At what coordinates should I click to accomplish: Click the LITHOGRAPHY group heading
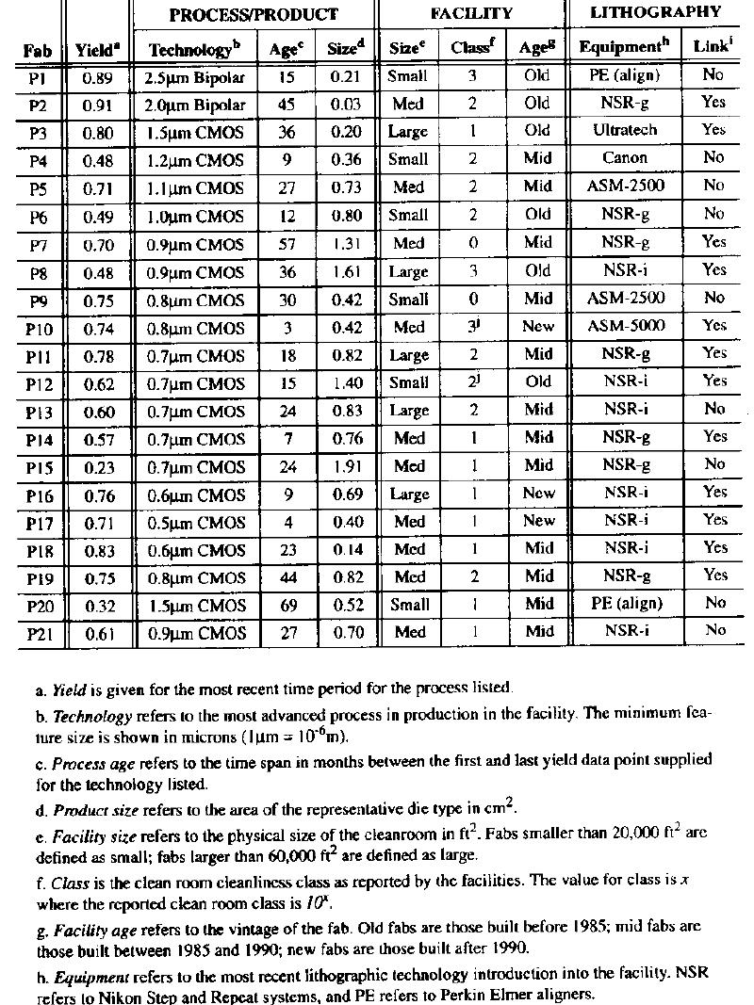pyautogui.click(x=656, y=12)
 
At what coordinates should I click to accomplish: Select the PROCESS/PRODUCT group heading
pyautogui.click(x=253, y=14)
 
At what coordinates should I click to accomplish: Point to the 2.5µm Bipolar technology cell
pyautogui.click(x=194, y=76)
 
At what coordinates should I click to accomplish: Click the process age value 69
pyautogui.click(x=287, y=605)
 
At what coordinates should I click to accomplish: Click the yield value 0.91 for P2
pyautogui.click(x=98, y=105)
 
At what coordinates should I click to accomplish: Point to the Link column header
pyautogui.click(x=713, y=46)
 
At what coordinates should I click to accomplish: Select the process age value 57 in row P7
pyautogui.click(x=287, y=243)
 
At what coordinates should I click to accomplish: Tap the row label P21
pyautogui.click(x=37, y=633)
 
